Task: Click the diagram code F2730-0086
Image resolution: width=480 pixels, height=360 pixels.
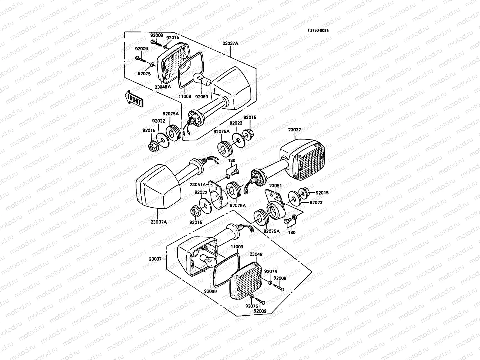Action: [318, 31]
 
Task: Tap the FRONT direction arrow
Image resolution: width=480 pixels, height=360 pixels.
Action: [134, 99]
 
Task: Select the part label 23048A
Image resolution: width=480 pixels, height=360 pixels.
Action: [163, 87]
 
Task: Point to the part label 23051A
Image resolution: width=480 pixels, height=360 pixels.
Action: [198, 185]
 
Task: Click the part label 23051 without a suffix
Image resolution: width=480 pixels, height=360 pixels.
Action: [275, 186]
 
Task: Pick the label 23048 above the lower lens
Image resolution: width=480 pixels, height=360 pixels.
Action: [256, 254]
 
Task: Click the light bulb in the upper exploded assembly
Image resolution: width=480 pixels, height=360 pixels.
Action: [202, 79]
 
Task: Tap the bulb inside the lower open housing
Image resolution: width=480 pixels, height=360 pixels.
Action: [208, 260]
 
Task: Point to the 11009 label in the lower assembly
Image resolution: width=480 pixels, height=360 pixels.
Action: [237, 247]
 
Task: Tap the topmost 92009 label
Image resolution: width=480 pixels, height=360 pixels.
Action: [157, 35]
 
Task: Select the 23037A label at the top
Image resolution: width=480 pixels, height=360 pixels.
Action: [230, 43]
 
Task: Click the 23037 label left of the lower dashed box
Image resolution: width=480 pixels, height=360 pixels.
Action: [155, 259]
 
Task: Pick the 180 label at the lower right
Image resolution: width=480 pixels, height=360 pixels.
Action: [292, 232]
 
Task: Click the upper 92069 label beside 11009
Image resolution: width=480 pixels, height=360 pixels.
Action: [202, 97]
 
